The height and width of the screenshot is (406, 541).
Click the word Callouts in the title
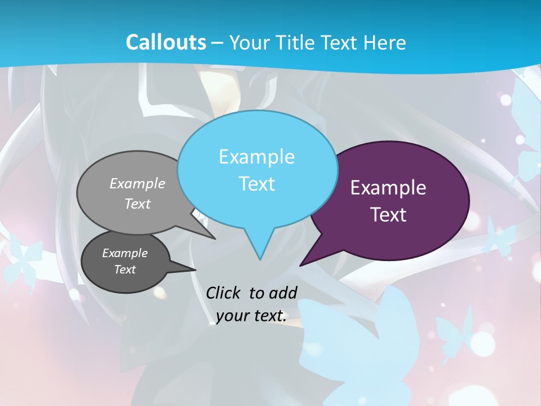[166, 42]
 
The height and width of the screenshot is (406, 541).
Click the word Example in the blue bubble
[256, 157]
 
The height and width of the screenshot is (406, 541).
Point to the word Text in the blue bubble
[256, 184]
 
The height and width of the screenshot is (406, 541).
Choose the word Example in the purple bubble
[388, 188]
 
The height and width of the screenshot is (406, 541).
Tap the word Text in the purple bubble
[388, 215]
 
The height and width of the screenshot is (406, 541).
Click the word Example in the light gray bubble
[138, 183]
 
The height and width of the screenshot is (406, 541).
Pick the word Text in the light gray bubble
[138, 204]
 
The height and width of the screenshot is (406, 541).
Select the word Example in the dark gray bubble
[125, 253]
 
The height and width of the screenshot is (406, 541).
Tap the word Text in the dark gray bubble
[125, 270]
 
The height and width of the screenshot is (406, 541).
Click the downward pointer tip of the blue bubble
[260, 259]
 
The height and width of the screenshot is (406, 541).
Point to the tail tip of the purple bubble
[300, 265]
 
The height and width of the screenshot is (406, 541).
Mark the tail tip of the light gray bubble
[215, 239]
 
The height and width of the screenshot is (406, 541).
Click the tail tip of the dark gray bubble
[196, 270]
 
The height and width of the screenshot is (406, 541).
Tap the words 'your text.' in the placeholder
[251, 316]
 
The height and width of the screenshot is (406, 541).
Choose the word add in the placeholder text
[283, 293]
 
